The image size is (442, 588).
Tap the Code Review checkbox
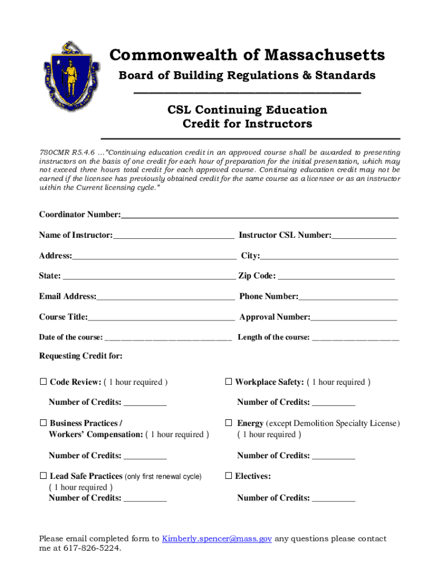click(x=42, y=382)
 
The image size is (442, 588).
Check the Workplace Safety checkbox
click(x=228, y=382)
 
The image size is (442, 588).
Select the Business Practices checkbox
click(x=42, y=423)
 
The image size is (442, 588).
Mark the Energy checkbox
click(x=228, y=423)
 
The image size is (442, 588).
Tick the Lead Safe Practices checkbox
click(x=42, y=476)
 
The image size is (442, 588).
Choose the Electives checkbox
click(x=228, y=476)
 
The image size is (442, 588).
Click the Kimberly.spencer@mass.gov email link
click(x=217, y=539)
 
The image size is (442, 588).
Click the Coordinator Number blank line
click(x=259, y=215)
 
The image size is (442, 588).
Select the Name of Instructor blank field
click(x=173, y=235)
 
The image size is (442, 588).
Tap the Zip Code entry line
click(x=336, y=276)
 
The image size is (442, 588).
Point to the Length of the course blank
click(x=355, y=338)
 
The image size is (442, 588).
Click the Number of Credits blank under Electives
click(x=334, y=498)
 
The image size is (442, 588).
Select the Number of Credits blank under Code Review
click(x=145, y=403)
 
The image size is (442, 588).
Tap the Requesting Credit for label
click(x=80, y=356)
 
